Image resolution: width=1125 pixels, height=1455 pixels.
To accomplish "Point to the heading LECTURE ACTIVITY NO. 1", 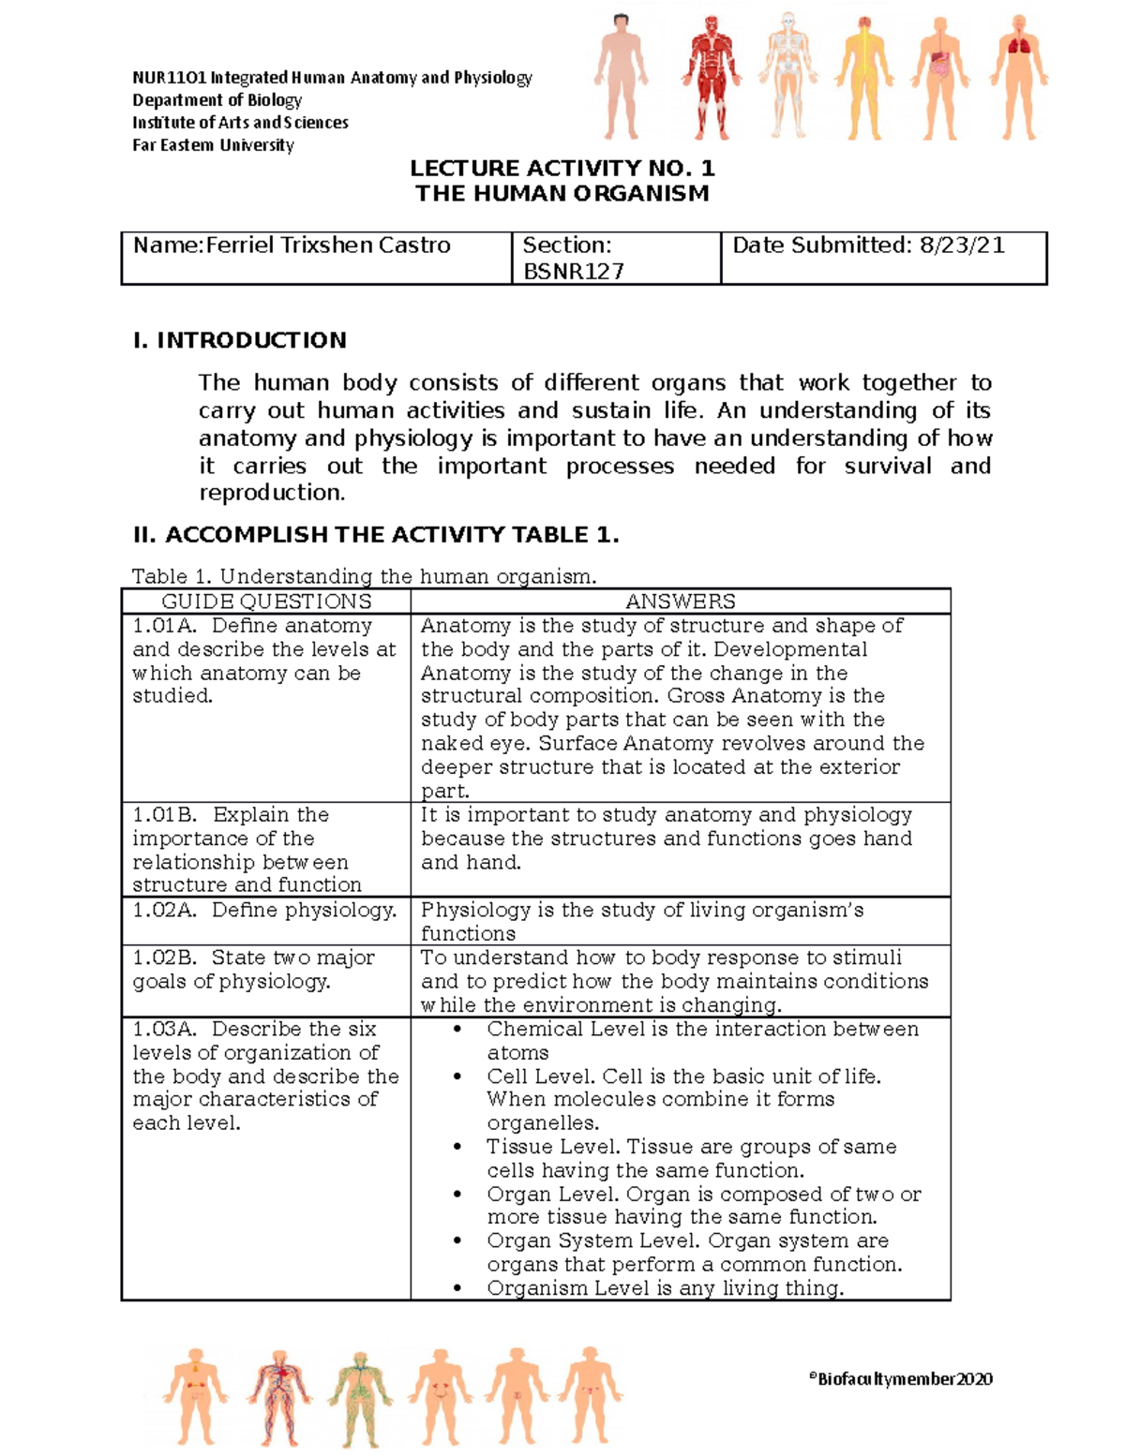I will tap(562, 169).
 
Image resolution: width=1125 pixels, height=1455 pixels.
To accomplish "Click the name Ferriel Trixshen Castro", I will tap(328, 245).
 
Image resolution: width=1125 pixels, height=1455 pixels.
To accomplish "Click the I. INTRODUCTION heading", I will tap(240, 340).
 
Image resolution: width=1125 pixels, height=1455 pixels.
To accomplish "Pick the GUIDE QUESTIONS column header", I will tap(266, 601).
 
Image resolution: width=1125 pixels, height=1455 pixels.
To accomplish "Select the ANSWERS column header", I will tap(681, 601).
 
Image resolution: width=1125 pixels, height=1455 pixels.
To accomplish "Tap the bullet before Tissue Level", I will tap(457, 1147).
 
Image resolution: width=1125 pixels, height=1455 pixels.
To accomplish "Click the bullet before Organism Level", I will tap(457, 1289).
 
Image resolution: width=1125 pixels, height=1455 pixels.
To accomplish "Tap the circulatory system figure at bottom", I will tap(278, 1396).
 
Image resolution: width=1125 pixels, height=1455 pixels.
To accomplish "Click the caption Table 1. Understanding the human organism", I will tap(364, 576).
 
